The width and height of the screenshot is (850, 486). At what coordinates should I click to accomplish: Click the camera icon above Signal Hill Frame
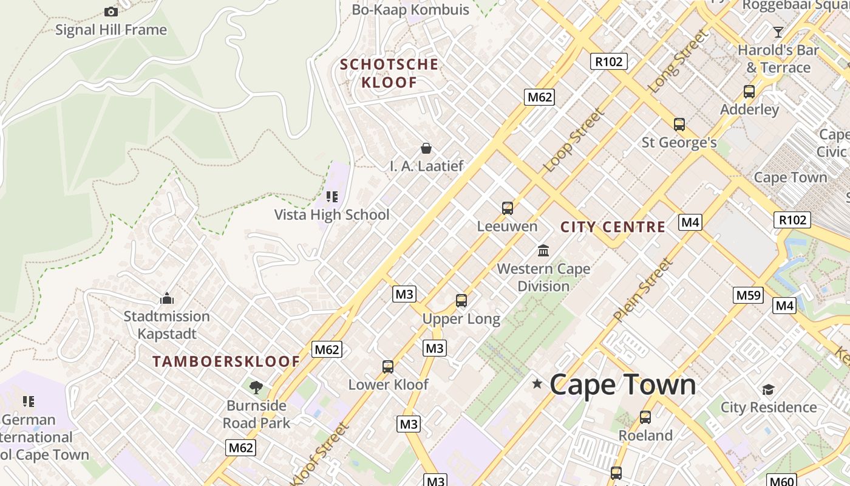click(110, 12)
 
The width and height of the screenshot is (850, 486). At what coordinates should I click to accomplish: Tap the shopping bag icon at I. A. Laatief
click(426, 148)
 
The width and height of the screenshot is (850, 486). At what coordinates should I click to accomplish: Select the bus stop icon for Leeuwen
click(508, 208)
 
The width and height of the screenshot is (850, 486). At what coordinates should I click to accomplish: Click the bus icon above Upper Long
click(461, 300)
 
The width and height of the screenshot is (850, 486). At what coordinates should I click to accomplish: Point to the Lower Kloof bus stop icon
click(388, 366)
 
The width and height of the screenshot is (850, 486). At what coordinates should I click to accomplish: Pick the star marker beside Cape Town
click(537, 383)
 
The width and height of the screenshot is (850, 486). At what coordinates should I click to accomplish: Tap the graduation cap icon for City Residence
click(769, 389)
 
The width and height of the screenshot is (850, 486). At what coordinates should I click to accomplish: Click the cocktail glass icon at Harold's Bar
click(778, 32)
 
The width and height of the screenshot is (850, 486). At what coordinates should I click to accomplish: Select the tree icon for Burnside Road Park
click(256, 387)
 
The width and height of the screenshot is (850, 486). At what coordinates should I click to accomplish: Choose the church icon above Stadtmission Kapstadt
click(167, 298)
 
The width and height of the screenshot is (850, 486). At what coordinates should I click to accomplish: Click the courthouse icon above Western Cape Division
click(543, 250)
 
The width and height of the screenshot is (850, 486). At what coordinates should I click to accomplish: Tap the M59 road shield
click(748, 295)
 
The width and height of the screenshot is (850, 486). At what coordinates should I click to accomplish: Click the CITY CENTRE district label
click(613, 227)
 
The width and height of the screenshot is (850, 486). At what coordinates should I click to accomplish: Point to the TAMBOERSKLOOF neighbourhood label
click(226, 361)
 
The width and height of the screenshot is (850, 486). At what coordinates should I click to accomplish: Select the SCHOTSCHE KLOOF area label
click(389, 73)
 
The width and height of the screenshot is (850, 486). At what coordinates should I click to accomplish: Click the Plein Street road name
click(643, 290)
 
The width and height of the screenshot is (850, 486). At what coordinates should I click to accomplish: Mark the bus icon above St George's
click(679, 125)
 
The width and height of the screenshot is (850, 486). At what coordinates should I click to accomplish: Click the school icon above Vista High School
click(331, 196)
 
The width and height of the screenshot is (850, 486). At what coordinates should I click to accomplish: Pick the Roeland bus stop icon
click(645, 417)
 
